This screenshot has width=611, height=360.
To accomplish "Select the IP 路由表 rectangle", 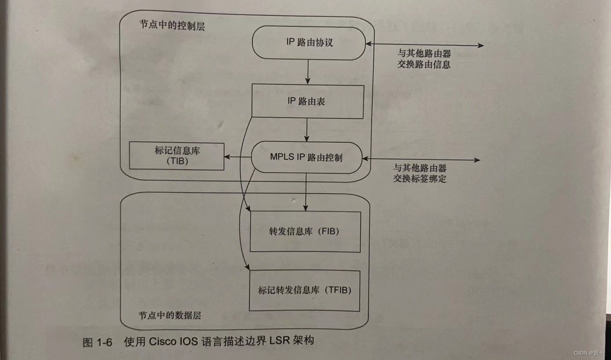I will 307,101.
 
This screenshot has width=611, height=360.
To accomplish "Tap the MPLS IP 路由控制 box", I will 306,158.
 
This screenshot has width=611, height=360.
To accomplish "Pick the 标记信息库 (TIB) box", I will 177,156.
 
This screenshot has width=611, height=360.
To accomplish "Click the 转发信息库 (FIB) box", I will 305,231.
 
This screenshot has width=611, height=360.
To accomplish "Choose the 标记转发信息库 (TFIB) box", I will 305,290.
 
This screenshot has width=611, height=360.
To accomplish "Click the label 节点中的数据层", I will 170,316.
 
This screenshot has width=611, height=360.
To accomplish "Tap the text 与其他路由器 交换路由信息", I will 423,59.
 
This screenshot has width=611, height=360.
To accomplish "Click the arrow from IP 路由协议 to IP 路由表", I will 308,72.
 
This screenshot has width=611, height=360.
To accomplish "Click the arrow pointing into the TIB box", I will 237,157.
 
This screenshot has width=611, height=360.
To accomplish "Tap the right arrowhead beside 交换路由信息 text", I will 481,45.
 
